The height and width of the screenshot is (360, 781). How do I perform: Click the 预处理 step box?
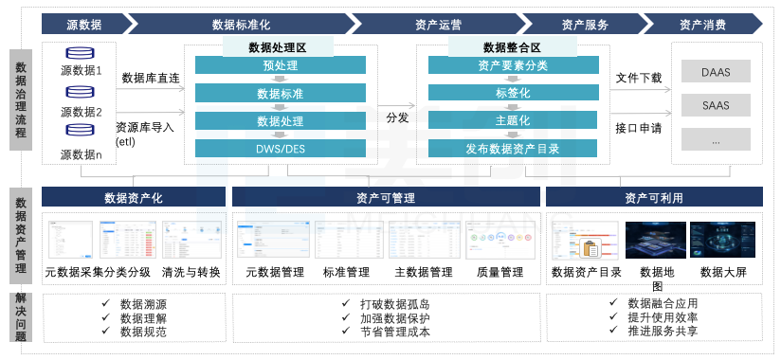280,65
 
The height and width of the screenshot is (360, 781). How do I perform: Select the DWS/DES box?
280,149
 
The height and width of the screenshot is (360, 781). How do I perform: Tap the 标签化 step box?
513,93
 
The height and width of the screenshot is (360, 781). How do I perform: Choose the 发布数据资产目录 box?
513,149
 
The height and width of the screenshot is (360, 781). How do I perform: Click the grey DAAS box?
716,71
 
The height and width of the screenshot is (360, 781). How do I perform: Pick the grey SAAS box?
716,105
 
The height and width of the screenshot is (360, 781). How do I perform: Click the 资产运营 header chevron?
437,24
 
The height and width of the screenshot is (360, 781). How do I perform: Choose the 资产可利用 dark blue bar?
653,197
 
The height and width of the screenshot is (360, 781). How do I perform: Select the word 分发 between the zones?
397,118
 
